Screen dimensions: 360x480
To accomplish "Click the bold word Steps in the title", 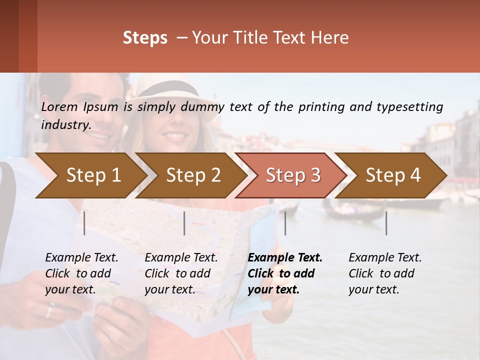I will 145,38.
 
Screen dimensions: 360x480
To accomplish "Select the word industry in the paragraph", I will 66,124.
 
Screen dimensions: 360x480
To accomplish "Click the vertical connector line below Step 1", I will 84,223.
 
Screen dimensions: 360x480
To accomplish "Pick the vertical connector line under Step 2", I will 184,223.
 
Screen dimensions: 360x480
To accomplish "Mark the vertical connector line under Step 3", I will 285,223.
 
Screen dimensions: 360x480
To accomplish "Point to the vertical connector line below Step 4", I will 386,223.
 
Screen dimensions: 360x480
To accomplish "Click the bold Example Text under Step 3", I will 285,258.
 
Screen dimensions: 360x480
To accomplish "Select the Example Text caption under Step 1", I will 81,258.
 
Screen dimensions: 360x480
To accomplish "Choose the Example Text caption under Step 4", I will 385,258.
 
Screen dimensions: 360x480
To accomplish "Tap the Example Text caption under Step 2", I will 181,258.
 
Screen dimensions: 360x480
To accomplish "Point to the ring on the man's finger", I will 48,312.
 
